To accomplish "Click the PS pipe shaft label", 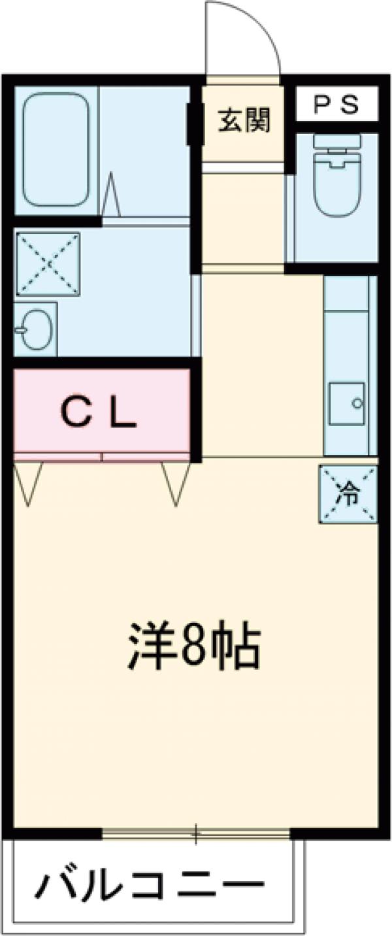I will coord(336,105).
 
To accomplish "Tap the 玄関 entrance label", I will coord(244,121).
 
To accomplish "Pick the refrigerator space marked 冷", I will coord(348,494).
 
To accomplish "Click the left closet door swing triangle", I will coord(27,483).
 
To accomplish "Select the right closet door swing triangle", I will coord(176,483).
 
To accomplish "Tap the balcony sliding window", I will coord(196,833).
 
